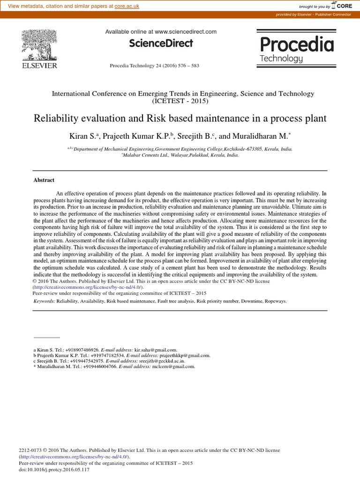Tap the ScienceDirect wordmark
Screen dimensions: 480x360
[x=161, y=44]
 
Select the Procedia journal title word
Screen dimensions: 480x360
[x=297, y=45]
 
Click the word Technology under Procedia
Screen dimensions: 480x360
[x=281, y=59]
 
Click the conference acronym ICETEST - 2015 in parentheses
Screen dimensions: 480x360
[x=180, y=101]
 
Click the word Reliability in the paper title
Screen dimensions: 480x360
[x=57, y=118]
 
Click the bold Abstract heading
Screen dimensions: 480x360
[x=44, y=180]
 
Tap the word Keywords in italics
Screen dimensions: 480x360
[x=44, y=302]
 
